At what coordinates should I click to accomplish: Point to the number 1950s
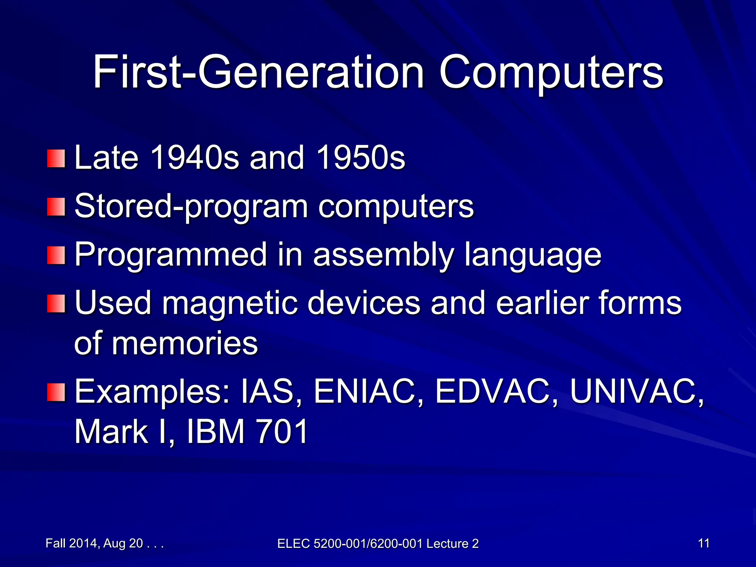tap(360, 158)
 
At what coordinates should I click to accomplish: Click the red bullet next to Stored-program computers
tap(56, 207)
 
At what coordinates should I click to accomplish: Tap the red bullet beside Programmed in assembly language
tap(56, 255)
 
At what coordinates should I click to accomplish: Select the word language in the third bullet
tap(533, 255)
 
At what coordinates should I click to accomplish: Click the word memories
tap(185, 343)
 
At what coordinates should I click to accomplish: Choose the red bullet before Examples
tap(56, 392)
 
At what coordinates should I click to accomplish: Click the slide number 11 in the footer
tap(704, 543)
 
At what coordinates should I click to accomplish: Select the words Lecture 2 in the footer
tap(453, 544)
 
